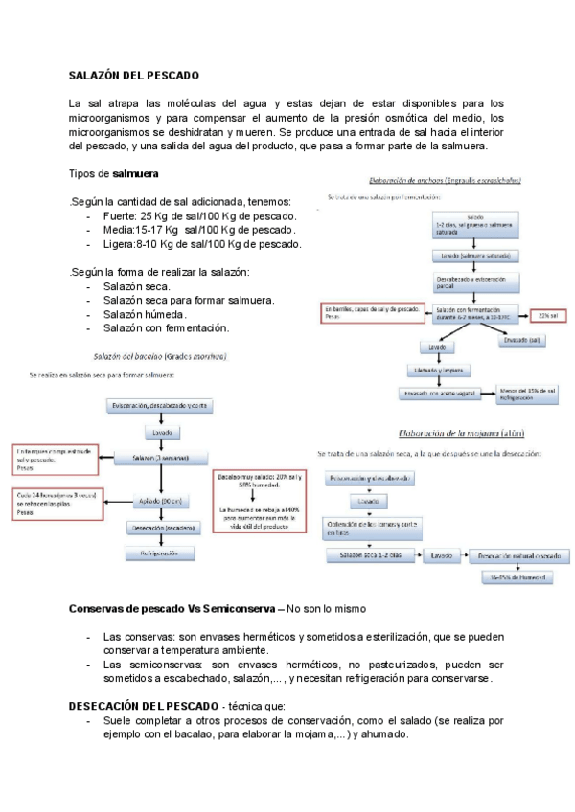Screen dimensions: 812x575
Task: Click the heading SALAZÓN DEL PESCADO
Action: tap(133, 75)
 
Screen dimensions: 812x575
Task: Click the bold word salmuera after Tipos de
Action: tap(136, 174)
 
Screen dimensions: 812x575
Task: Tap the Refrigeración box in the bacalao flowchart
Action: tap(159, 553)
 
